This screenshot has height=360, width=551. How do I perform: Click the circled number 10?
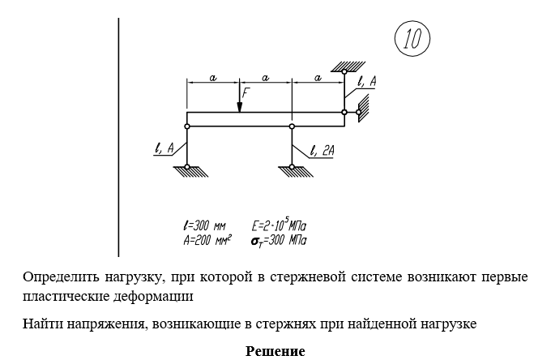coord(412,39)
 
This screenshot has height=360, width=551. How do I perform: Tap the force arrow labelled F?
coord(240,100)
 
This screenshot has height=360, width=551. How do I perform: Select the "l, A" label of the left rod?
coord(164,148)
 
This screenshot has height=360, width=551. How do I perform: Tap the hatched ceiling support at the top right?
coord(344,66)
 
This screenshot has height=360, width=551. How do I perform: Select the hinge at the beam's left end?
coord(187,126)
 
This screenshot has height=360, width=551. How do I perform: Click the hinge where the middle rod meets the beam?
coord(292,126)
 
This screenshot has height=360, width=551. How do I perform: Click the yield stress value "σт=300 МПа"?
coord(279,240)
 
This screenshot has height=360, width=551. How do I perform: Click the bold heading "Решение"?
coord(275,352)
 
